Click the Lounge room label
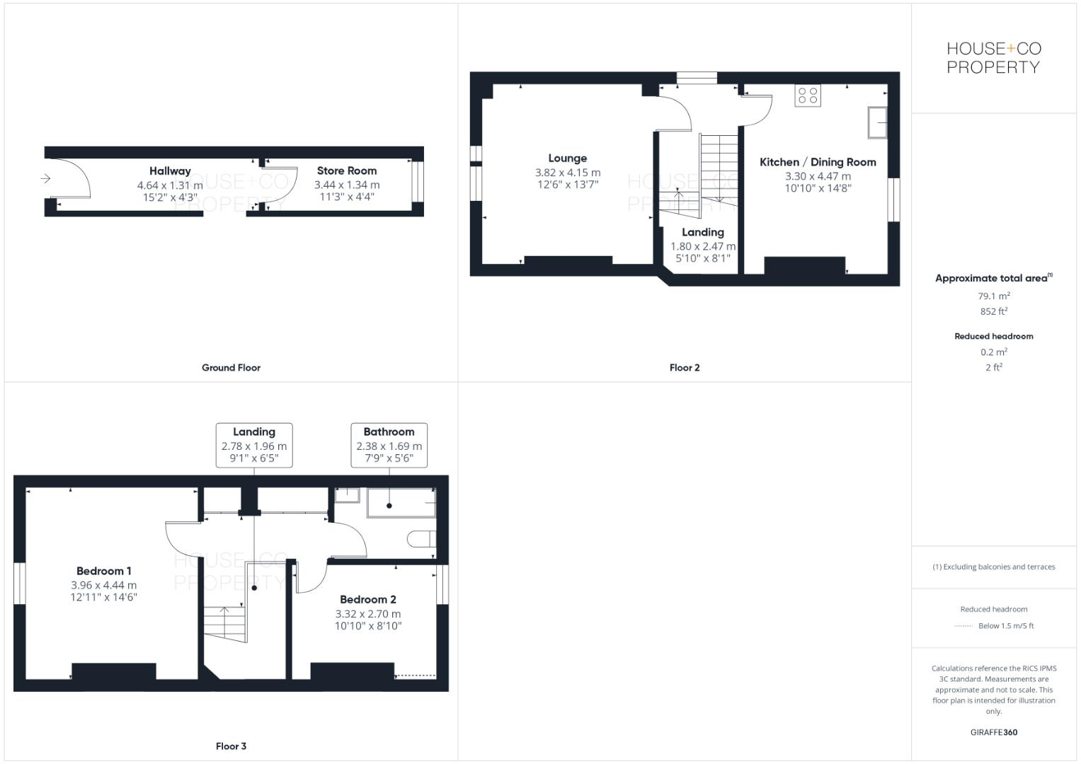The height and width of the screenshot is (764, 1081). pos(567,158)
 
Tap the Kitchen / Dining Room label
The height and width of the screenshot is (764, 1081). pos(818,162)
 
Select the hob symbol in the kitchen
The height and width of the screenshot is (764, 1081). pos(808,95)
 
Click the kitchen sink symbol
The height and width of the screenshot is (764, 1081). pos(878,123)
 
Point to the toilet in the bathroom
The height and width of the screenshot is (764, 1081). pos(421,539)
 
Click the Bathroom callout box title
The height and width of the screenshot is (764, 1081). pos(389,432)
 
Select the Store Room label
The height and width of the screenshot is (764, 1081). pos(347,170)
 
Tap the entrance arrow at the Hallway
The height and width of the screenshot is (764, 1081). pos(46,178)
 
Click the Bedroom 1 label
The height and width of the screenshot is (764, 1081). pos(104,571)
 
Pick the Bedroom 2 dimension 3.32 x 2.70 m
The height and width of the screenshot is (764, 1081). pos(367,614)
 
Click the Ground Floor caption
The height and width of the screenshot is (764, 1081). pos(231,368)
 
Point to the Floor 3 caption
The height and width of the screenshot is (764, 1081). pos(231,746)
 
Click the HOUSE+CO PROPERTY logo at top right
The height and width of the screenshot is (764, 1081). pos(993,58)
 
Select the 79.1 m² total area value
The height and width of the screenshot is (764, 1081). pos(994,296)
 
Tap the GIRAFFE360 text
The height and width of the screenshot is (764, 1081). pos(993,732)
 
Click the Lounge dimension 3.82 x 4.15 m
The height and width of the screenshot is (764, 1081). pos(567,173)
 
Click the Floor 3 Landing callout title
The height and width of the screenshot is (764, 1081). pos(253,432)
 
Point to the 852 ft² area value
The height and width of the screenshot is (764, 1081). pos(994,311)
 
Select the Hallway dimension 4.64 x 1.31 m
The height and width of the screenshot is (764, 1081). pos(170,185)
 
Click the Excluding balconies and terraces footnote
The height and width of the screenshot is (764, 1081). pos(993,567)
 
